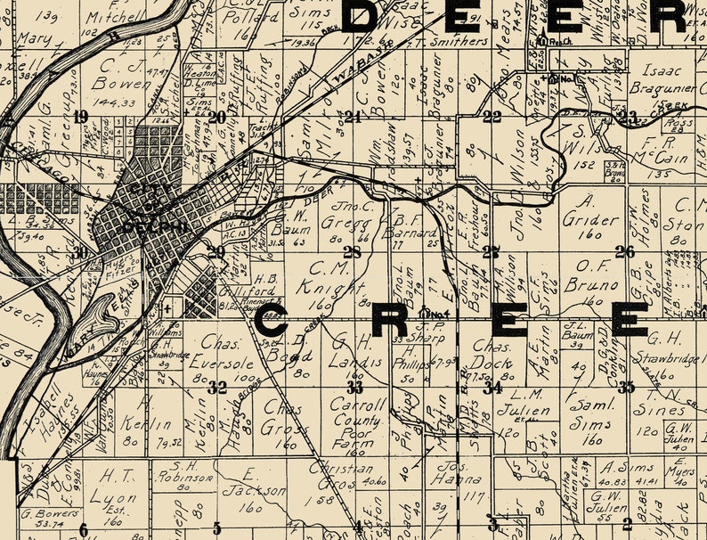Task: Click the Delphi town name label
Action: pos(142,225)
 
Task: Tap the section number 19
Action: pos(82,117)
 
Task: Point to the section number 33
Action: pos(355,387)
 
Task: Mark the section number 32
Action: pos(216,387)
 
